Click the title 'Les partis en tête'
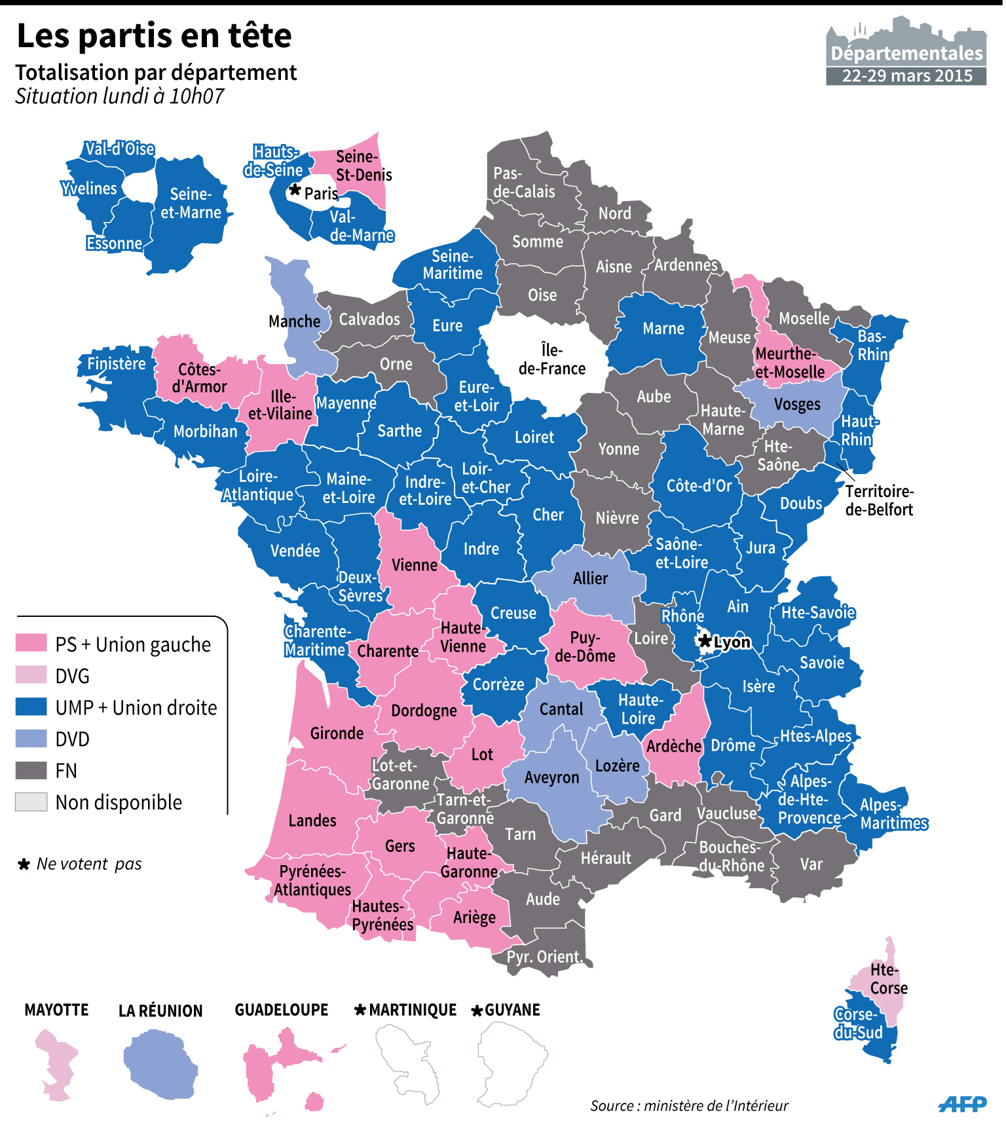(154, 36)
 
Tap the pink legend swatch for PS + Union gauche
(31, 643)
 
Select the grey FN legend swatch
(31, 770)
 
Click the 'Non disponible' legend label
(119, 802)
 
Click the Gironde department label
(337, 733)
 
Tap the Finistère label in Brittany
(117, 363)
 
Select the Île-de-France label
(551, 360)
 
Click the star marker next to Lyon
(705, 641)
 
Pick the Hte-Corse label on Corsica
(888, 979)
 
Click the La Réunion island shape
(160, 1064)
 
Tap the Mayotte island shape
(56, 1064)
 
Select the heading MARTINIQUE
(413, 1010)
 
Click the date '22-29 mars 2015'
(906, 76)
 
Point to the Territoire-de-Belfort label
(879, 500)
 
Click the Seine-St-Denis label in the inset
(363, 166)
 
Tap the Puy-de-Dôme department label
(585, 647)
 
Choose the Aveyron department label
(551, 778)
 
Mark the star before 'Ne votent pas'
(24, 864)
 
